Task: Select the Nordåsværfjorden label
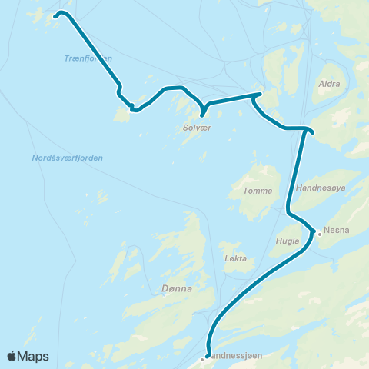pyautogui.click(x=68, y=158)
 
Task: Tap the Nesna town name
pyautogui.click(x=337, y=229)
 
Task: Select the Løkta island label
pyautogui.click(x=235, y=258)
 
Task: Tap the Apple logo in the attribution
pyautogui.click(x=12, y=356)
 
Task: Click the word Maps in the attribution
pyautogui.click(x=33, y=356)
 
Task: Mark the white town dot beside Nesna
pyautogui.click(x=320, y=233)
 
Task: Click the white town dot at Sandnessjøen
pyautogui.click(x=203, y=357)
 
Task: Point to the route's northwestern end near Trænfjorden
pyautogui.click(x=56, y=15)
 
